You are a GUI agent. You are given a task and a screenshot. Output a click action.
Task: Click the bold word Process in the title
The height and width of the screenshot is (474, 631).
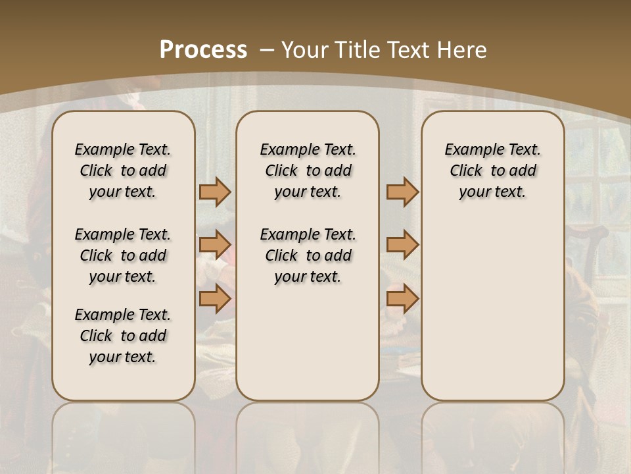[x=203, y=50]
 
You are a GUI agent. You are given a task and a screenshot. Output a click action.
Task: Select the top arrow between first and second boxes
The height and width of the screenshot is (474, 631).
[x=214, y=192]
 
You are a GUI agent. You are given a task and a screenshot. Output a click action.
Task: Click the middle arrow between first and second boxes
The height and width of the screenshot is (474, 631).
[x=214, y=245]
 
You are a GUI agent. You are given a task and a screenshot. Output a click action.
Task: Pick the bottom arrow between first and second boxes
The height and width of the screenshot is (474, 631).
[x=214, y=298]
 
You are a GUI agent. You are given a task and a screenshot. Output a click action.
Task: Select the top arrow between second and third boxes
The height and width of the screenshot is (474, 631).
[x=402, y=192]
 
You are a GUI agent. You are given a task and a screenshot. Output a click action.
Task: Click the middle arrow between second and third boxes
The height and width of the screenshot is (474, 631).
[x=402, y=245]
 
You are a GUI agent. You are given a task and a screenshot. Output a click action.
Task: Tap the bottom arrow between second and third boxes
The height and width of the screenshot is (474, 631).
[x=402, y=298]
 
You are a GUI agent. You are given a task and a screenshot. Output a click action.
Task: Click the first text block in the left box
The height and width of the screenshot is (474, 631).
[x=123, y=171]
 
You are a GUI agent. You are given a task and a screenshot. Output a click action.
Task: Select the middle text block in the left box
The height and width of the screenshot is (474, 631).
[x=123, y=255]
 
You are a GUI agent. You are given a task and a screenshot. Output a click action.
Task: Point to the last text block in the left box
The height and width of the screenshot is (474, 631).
[x=123, y=336]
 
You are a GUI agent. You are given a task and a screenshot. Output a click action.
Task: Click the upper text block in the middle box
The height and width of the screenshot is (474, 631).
[x=308, y=171]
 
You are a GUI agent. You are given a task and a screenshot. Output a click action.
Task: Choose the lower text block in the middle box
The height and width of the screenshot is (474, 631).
[x=308, y=255]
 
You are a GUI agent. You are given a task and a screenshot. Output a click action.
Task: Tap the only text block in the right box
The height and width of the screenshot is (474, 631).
[x=493, y=171]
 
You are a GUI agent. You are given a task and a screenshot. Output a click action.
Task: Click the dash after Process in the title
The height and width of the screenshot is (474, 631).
[x=267, y=50]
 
